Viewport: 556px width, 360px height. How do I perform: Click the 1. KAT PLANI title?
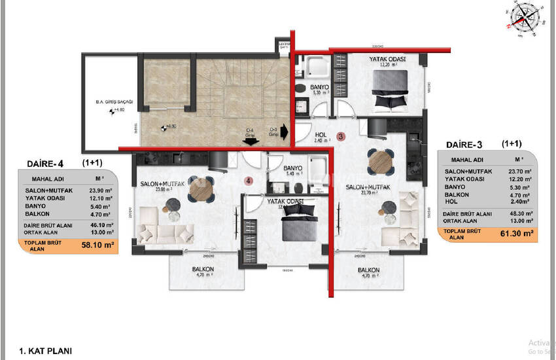46,351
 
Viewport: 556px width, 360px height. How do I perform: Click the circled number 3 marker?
340,136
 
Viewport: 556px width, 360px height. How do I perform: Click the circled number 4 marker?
248,180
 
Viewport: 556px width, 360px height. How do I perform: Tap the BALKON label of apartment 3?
368,270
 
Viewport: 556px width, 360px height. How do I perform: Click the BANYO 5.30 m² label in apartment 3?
319,89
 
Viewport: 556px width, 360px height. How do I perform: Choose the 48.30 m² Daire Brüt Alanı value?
515,213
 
